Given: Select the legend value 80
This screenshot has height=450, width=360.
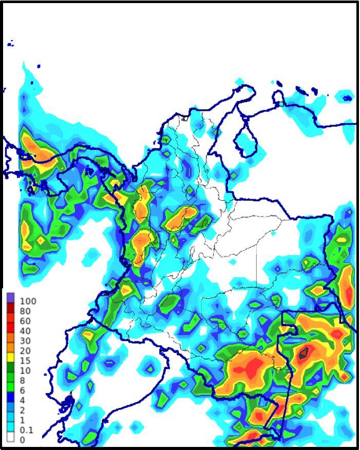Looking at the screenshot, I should point(25,311).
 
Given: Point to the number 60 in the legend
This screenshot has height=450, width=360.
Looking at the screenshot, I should point(25,321).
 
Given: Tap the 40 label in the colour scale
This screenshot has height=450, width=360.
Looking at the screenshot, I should point(25,331).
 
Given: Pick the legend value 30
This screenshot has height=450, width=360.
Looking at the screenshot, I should point(25,341).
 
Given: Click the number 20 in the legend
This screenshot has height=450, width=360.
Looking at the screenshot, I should point(25,350).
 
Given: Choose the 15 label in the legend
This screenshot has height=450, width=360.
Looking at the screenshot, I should point(25,361).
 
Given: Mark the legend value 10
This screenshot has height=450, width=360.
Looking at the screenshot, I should point(25,370).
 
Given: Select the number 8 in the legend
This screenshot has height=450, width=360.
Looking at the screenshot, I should point(22,380).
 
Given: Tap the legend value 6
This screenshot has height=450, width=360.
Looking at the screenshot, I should point(22,390).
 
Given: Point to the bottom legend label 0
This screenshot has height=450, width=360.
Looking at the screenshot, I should point(22,440).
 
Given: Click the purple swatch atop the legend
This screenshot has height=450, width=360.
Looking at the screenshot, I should point(11,297).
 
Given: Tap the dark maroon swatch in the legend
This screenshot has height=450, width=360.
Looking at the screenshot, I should point(11,306).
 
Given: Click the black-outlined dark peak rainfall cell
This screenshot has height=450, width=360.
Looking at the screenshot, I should point(304,352).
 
